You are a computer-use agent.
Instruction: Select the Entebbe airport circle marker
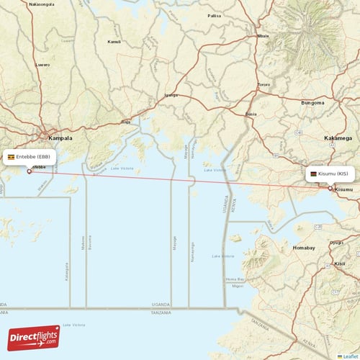click(x=29, y=171)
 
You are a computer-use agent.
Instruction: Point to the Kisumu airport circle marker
click(x=330, y=189)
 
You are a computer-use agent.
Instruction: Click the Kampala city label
click(x=61, y=137)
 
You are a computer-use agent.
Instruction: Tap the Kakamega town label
click(x=338, y=137)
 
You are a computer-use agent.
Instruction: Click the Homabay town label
click(x=304, y=248)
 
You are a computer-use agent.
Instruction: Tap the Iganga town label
click(x=171, y=95)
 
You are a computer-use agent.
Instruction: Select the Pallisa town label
click(x=215, y=15)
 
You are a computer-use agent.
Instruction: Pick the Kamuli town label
click(x=114, y=42)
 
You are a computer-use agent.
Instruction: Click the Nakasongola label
click(x=41, y=4)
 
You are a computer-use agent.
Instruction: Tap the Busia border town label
click(x=251, y=114)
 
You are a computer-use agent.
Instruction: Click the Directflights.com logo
click(x=33, y=337)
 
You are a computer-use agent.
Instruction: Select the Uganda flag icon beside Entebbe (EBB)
click(x=12, y=156)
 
